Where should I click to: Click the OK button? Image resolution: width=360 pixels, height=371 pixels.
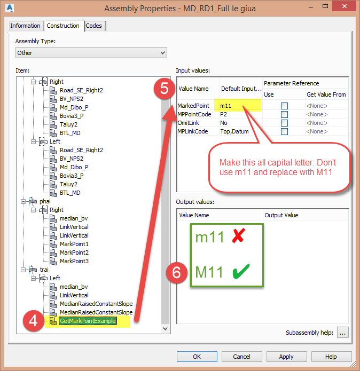coord(197,357)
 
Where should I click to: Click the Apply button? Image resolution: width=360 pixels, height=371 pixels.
coord(286,357)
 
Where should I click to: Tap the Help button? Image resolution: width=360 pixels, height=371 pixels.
coord(331,357)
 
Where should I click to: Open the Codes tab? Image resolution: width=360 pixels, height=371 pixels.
coord(94,26)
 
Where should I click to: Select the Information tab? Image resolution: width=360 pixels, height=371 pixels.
coord(25,26)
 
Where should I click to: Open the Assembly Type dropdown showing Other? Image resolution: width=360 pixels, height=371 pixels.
coord(91,53)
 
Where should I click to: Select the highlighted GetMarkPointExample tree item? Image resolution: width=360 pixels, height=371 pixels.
coord(88,321)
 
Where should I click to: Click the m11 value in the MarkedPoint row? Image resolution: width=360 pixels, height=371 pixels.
coord(226,106)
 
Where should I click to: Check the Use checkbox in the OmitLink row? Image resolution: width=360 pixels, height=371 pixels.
coord(284,123)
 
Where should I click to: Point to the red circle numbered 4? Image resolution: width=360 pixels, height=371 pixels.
coord(33,321)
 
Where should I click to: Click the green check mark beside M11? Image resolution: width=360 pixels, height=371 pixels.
coord(242,272)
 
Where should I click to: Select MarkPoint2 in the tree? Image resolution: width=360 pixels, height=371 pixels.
coord(74,252)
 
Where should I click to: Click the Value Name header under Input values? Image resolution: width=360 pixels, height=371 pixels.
coord(193,89)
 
